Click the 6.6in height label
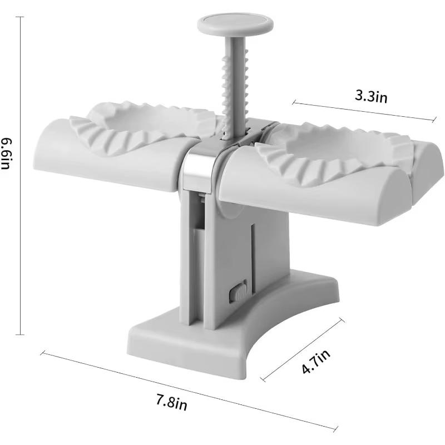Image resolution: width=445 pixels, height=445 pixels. (6, 154)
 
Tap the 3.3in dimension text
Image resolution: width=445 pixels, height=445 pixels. (371, 96)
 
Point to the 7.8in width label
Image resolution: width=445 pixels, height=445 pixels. (172, 402)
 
